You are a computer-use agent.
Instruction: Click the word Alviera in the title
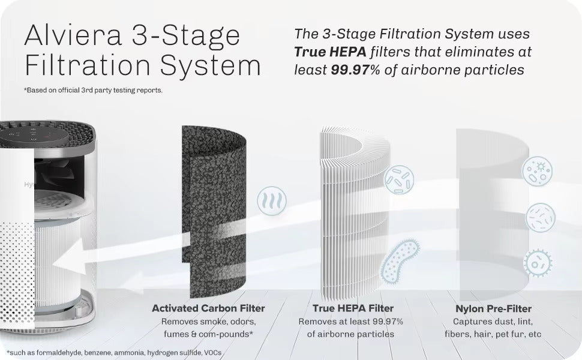73,35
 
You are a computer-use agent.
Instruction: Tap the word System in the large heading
210,65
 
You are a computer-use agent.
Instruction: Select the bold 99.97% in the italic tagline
355,70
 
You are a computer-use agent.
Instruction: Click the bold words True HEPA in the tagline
331,52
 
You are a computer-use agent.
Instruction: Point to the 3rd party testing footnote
93,90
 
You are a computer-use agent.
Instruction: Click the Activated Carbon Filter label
208,308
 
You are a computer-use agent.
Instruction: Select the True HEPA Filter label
353,308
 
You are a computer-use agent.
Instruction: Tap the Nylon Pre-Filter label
493,308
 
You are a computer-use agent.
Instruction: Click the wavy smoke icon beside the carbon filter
272,201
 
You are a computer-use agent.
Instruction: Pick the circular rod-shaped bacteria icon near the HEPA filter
399,179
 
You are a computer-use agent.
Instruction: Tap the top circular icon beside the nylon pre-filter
537,171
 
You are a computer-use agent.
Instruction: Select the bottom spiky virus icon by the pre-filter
538,263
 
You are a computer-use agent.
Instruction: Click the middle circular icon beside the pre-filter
541,217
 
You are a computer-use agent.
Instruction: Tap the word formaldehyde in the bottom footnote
59,353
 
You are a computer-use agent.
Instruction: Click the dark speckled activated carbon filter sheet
214,212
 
